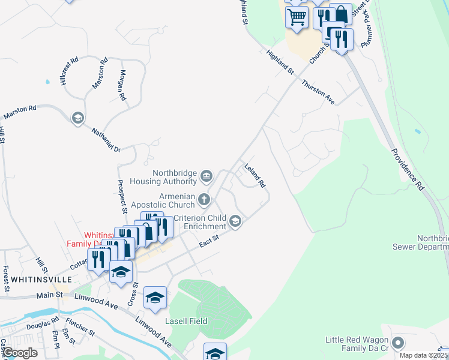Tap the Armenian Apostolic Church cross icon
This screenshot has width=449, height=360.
(204, 199)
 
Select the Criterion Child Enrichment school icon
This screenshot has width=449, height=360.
(236, 222)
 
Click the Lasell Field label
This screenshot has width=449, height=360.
(186, 321)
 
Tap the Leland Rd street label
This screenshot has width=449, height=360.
(255, 175)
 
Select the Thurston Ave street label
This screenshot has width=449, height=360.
(318, 92)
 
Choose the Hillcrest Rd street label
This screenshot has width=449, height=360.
(70, 72)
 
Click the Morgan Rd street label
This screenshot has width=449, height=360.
(122, 85)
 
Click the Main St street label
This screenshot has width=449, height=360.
(50, 295)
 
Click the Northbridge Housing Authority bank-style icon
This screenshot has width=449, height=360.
(206, 176)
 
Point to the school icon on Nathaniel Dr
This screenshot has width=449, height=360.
(77, 118)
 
